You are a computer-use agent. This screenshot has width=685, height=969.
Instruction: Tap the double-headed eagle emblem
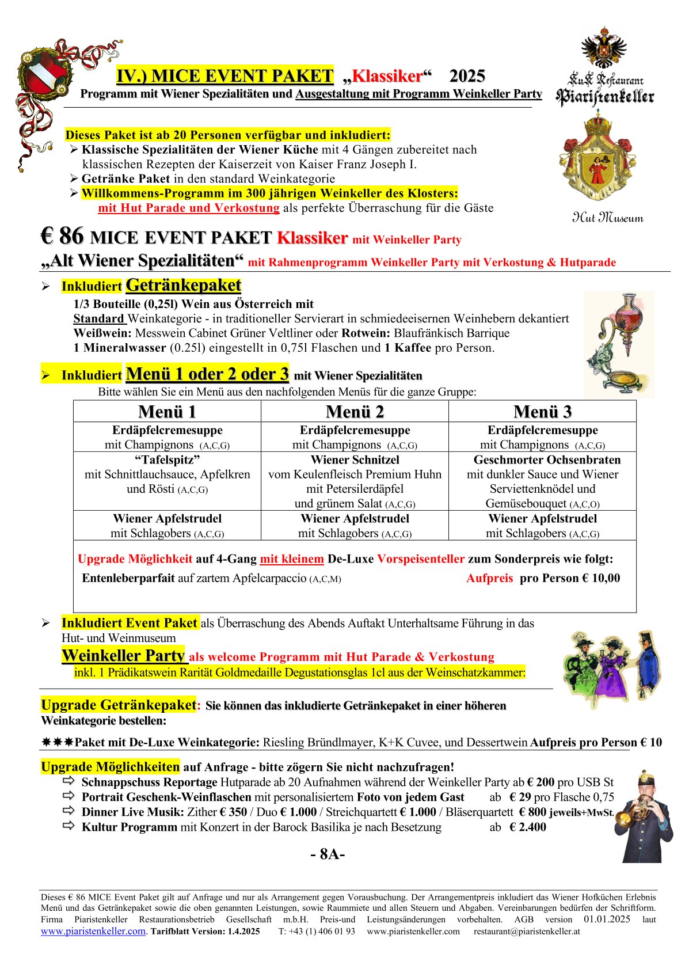603,47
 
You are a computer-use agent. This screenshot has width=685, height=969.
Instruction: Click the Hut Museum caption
607,218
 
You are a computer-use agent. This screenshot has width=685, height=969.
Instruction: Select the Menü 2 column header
355,412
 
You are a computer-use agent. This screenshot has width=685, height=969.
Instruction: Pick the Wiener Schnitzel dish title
355,459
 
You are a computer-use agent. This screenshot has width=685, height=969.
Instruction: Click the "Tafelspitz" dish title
167,459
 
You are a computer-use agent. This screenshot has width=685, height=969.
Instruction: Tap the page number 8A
328,854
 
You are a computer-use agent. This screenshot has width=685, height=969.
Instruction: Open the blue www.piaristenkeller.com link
93,931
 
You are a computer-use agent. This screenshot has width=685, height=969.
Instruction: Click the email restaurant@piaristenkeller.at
526,931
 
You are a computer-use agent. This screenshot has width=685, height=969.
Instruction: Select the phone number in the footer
317,931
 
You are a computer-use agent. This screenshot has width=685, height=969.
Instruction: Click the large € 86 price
62,236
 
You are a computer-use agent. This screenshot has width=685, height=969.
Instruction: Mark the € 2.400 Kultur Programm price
527,827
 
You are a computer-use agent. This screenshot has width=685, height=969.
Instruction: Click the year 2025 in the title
467,76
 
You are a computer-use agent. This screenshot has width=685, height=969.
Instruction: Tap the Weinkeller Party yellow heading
123,656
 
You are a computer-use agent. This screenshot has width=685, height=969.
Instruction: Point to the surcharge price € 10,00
602,578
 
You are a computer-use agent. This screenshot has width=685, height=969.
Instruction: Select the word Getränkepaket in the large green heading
183,285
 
